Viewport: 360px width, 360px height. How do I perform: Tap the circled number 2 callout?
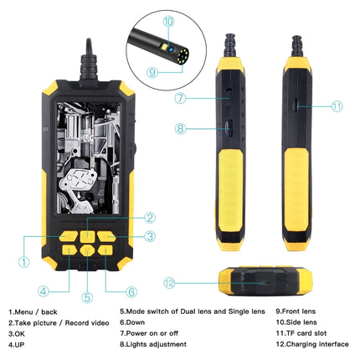tap(127, 218)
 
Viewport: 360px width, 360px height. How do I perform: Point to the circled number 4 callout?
tap(42, 291)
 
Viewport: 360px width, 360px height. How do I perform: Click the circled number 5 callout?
tap(87, 296)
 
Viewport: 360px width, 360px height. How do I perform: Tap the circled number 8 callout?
tap(179, 129)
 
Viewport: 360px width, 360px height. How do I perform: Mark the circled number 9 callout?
tap(153, 72)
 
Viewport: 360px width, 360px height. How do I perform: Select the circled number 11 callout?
tap(337, 106)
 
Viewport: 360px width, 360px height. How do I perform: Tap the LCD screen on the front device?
tap(86, 159)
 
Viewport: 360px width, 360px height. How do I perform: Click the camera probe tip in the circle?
tap(172, 51)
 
